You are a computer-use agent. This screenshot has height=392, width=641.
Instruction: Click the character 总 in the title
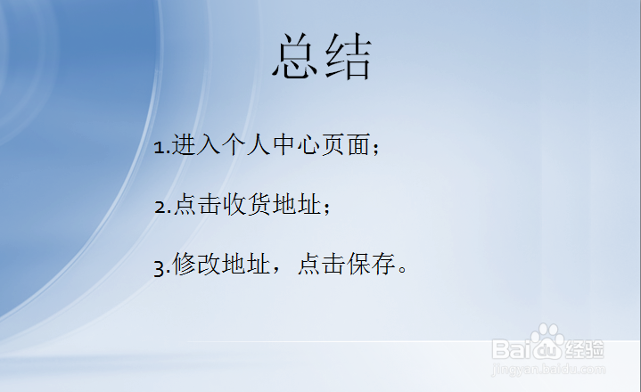[296, 59]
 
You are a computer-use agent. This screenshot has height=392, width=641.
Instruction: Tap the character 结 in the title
[348, 59]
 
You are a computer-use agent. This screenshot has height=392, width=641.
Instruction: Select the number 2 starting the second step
[158, 207]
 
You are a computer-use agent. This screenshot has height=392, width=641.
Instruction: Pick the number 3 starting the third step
[158, 266]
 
